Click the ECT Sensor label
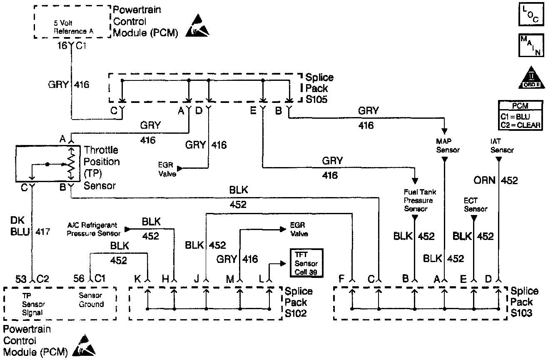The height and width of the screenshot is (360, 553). [x=475, y=204]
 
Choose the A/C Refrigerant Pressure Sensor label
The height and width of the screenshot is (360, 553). [x=94, y=229]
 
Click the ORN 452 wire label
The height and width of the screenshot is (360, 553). [x=495, y=180]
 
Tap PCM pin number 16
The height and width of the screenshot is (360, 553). [x=62, y=46]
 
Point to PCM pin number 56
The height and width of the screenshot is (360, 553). [x=79, y=278]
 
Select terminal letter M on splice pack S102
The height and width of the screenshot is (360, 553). [x=229, y=279]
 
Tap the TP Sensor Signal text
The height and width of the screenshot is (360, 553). [x=33, y=304]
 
